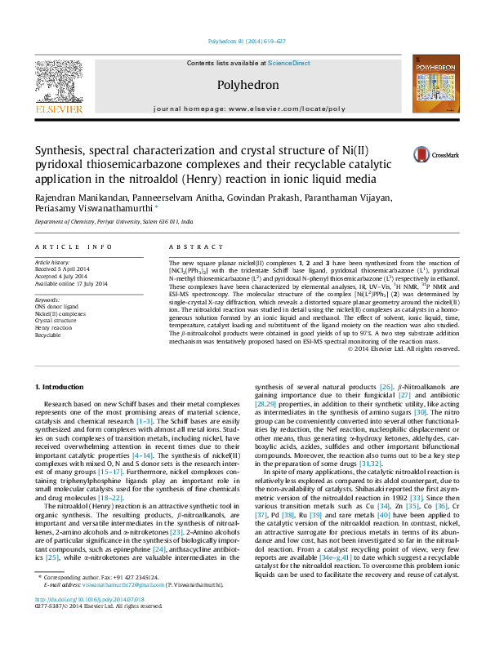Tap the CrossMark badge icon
coord(399,155)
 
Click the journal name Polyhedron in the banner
coord(243,84)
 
